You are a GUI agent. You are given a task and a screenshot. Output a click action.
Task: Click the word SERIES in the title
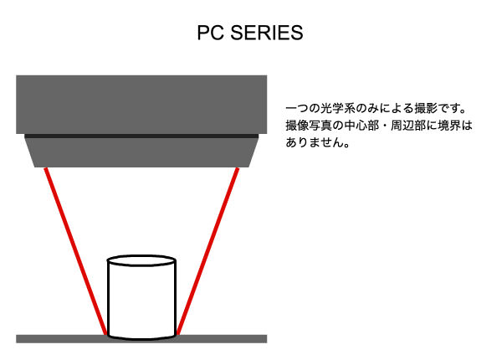(266, 33)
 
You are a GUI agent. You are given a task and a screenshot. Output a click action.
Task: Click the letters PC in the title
(211, 33)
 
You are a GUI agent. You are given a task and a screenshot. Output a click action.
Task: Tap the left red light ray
(75, 251)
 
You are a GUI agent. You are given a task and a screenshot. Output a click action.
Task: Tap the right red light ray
(207, 251)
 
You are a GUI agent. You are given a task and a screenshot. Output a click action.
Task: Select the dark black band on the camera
(141, 136)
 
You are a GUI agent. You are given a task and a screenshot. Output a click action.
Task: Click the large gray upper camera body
(141, 105)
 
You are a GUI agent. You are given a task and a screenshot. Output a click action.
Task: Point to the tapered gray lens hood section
(141, 152)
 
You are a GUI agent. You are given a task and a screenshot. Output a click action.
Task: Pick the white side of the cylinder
(141, 301)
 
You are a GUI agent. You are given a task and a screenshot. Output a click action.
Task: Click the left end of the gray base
(17, 339)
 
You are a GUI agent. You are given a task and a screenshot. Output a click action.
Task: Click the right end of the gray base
(266, 339)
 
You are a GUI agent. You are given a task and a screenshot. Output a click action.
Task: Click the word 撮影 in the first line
(426, 108)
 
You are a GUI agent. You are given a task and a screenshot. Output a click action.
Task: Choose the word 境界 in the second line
(448, 126)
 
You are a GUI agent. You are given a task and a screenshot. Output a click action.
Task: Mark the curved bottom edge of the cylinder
(141, 338)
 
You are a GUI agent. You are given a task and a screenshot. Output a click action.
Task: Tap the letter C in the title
(218, 33)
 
